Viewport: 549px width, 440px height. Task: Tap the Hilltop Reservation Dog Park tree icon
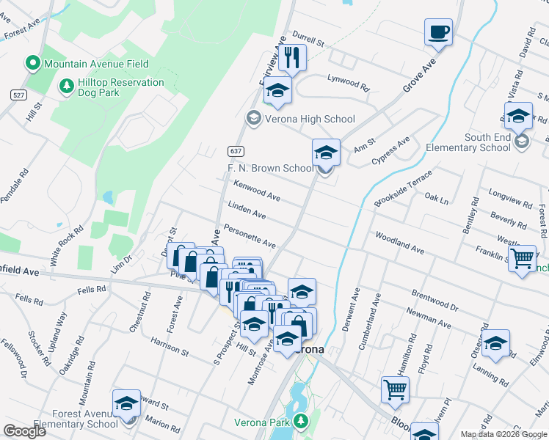(67, 87)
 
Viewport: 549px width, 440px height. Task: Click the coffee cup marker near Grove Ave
(438, 33)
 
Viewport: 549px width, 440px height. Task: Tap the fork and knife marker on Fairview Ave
(293, 57)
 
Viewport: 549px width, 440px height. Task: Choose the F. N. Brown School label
(269, 168)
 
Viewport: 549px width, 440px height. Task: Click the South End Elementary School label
(487, 142)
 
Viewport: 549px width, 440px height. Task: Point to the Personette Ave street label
(250, 235)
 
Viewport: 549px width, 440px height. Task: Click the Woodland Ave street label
(399, 243)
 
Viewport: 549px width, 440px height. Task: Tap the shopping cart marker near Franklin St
(521, 258)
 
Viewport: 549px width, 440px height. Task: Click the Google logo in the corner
(24, 430)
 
